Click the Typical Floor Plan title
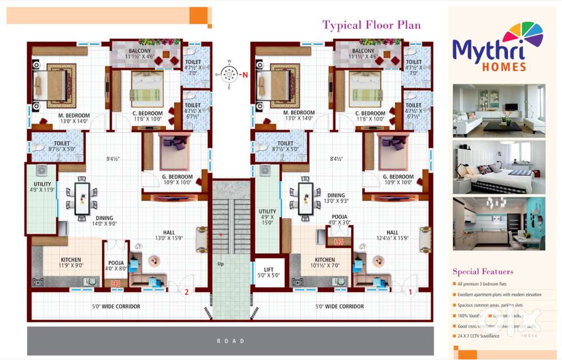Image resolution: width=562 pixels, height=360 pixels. coord(371,25)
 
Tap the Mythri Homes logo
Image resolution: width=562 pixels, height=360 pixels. coord(497,49)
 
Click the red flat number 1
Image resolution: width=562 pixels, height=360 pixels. coord(410,291)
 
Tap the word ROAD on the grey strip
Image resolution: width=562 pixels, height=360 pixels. coord(230,341)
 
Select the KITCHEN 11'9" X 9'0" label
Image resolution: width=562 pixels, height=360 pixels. coord(71,263)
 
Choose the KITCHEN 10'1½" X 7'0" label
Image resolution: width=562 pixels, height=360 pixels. coord(325,263)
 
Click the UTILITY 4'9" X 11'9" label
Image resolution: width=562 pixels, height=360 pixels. coord(42,187)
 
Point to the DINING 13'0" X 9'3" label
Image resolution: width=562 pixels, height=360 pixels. coord(336,198)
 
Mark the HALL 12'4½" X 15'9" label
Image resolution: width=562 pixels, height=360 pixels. coord(392,236)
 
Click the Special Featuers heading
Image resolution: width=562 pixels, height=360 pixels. coord(483,272)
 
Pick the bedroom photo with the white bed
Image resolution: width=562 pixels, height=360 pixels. coord(498,167)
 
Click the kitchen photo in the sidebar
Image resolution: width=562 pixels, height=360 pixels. coord(498,223)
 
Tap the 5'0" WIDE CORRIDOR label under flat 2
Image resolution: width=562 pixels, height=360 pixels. coord(116,307)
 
